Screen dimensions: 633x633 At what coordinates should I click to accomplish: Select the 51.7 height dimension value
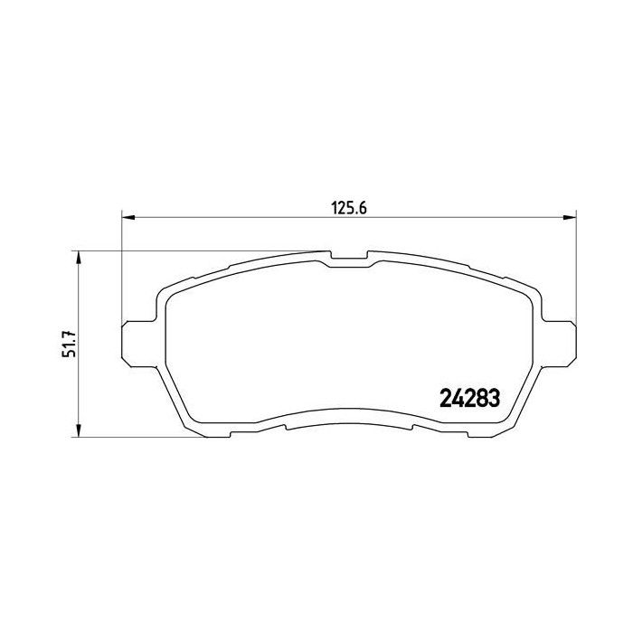[x=66, y=343]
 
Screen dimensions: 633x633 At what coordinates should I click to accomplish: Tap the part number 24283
[x=469, y=397]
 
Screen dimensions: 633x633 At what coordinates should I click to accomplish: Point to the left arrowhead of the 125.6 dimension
[x=128, y=217]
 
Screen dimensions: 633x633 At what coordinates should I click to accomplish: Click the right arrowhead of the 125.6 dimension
[x=570, y=217]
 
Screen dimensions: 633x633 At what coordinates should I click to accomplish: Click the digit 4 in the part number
[x=458, y=397]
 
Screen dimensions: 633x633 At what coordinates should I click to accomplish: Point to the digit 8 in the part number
[x=482, y=397]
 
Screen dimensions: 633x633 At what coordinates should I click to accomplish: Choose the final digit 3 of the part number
[x=495, y=397]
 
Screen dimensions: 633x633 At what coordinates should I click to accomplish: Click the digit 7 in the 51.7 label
[x=66, y=330]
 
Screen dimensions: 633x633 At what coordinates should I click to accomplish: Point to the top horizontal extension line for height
[x=199, y=250]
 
